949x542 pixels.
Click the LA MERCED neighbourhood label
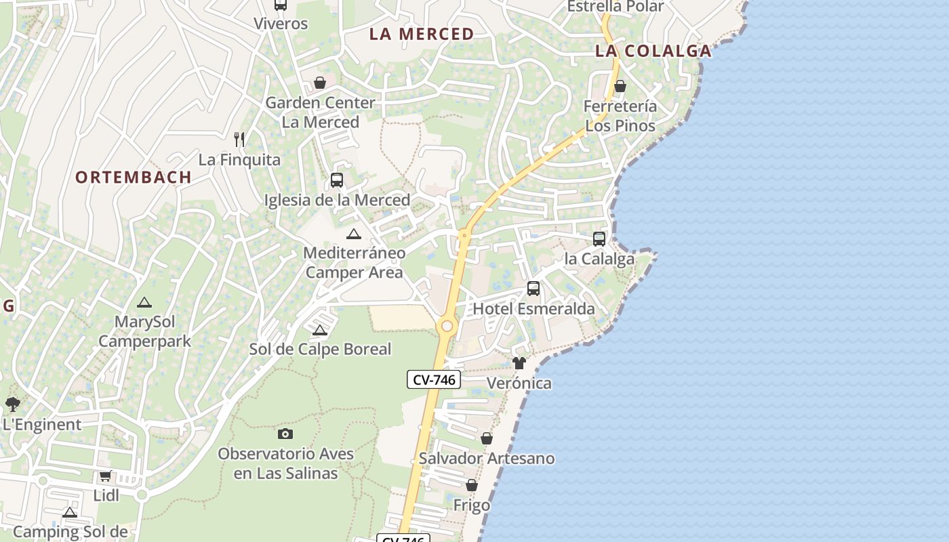(x=421, y=34)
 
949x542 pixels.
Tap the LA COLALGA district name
(x=653, y=51)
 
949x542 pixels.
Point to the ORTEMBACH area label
(x=133, y=178)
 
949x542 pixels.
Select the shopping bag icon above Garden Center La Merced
(x=319, y=83)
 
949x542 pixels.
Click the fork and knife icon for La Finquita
(x=239, y=140)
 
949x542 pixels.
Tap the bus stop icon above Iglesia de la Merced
(x=336, y=180)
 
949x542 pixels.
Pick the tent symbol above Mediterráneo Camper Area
(x=353, y=234)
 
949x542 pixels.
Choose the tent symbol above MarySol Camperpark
(x=144, y=302)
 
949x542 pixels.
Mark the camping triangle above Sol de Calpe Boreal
(x=320, y=330)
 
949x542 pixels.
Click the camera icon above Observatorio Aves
(x=285, y=434)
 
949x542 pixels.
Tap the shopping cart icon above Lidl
(x=105, y=476)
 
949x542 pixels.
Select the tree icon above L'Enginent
(x=12, y=404)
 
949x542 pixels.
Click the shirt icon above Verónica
(x=519, y=363)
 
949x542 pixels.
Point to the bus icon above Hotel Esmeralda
(x=533, y=289)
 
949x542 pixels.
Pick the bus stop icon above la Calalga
(x=599, y=238)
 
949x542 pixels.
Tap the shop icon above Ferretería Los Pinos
(x=620, y=86)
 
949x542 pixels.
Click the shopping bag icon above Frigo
(x=472, y=485)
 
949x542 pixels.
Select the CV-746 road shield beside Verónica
(x=434, y=379)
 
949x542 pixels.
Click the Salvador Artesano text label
(x=487, y=459)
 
